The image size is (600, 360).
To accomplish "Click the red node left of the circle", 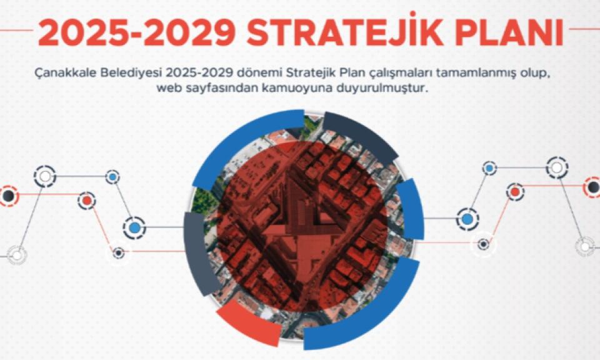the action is [87, 201].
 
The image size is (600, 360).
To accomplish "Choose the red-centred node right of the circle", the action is [516, 192].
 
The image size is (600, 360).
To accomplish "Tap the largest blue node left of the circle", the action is [134, 228].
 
